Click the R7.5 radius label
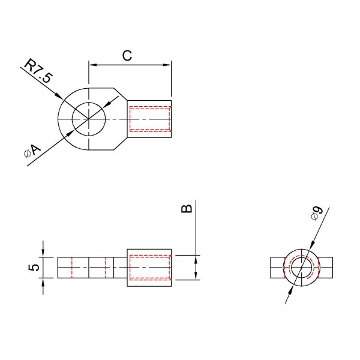click(x=38, y=71)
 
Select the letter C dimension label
click(x=127, y=56)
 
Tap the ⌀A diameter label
click(x=32, y=151)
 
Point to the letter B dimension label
click(x=187, y=208)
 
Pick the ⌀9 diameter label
click(x=317, y=213)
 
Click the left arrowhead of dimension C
click(x=92, y=65)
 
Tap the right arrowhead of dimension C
click(x=167, y=65)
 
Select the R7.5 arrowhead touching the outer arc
click(x=59, y=96)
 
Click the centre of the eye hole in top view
click(x=89, y=119)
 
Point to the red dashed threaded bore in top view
click(x=151, y=119)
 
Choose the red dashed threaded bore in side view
click(x=151, y=268)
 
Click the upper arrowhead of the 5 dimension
click(x=43, y=253)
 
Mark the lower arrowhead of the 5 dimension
click(x=43, y=282)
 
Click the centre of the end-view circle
click(x=302, y=268)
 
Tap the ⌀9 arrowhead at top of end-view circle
click(x=311, y=245)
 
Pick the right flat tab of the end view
click(x=326, y=268)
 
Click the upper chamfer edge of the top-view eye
click(x=121, y=94)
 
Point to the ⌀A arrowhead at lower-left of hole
click(x=70, y=134)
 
